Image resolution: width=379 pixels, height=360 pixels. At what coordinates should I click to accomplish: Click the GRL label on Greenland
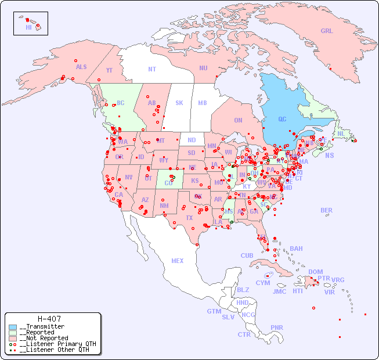[x=327, y=31]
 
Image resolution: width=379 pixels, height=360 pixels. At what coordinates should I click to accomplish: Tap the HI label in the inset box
[x=28, y=27]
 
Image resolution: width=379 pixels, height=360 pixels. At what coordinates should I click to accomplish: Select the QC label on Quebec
[x=282, y=119]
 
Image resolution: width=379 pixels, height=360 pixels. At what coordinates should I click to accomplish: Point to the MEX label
[x=178, y=261]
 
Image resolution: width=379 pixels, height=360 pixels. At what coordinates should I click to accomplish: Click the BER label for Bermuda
[x=327, y=210]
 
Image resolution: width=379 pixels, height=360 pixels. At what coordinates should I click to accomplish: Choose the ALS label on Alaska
[x=81, y=67]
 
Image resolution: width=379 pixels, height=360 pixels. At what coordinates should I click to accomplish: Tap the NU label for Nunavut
[x=203, y=68]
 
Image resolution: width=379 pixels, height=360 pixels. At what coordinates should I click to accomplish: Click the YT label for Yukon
[x=109, y=70]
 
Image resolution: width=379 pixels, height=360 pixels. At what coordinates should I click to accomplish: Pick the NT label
[x=152, y=69]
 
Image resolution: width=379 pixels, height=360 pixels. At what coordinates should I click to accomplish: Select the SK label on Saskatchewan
[x=179, y=103]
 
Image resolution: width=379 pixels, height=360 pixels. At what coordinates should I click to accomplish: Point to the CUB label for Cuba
[x=247, y=255]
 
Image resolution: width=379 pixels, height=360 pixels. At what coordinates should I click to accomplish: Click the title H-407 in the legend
[x=49, y=319]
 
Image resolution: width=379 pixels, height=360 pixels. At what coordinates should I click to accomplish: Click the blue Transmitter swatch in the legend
[x=13, y=327]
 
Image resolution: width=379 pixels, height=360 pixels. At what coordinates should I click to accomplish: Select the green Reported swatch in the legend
[x=13, y=333]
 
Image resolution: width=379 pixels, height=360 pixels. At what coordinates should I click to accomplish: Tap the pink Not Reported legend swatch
[x=13, y=338]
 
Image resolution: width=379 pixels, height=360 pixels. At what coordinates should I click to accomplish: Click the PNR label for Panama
[x=277, y=327]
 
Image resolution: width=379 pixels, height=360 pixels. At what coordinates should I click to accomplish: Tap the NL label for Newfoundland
[x=341, y=134]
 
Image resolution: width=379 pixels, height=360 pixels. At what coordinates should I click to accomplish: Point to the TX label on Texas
[x=189, y=218]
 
